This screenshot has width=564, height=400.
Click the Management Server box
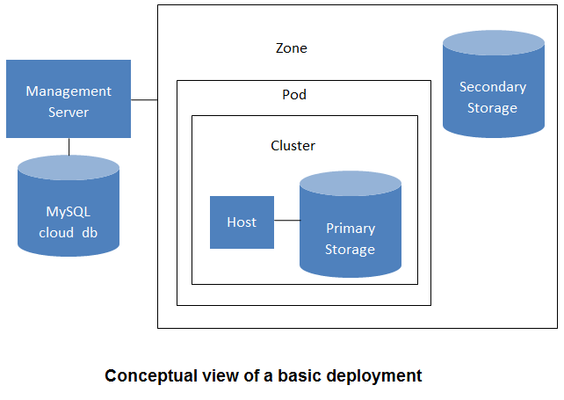pyautogui.click(x=69, y=98)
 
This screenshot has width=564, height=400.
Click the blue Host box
pyautogui.click(x=242, y=222)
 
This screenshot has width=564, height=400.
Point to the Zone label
pyautogui.click(x=292, y=48)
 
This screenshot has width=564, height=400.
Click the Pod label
pyautogui.click(x=294, y=94)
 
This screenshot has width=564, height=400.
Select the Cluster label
pyautogui.click(x=293, y=146)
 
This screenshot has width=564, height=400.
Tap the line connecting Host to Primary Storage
pyautogui.click(x=286, y=222)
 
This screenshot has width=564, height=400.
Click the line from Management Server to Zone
pyautogui.click(x=144, y=100)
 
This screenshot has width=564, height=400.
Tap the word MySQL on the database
pyautogui.click(x=69, y=212)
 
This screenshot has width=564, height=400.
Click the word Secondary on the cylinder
pyautogui.click(x=493, y=87)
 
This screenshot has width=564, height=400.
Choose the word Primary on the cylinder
pyautogui.click(x=351, y=229)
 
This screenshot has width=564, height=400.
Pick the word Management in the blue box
pyautogui.click(x=69, y=91)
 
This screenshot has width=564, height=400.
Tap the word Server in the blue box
pyautogui.click(x=69, y=113)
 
